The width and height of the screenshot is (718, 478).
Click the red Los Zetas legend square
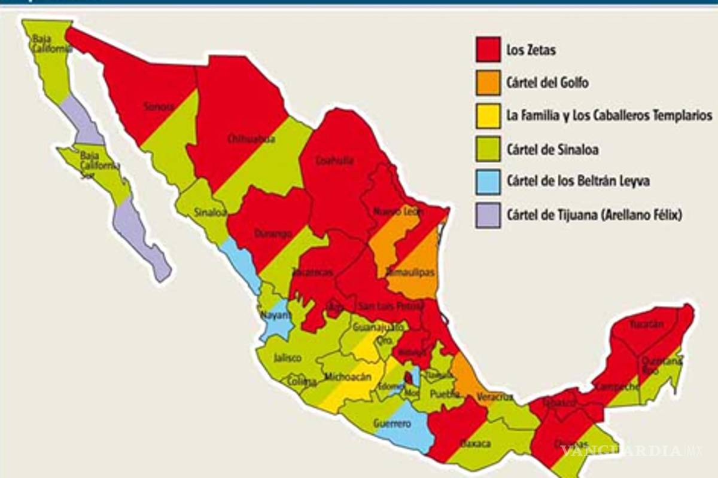point(488,50)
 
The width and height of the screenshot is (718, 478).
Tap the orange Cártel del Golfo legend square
point(488,82)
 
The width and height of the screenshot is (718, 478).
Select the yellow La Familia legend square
point(488,116)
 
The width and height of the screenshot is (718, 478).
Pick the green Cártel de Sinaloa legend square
point(488,149)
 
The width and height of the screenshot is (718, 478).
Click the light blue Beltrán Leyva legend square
point(488,182)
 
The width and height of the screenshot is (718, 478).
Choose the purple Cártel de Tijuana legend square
point(488,215)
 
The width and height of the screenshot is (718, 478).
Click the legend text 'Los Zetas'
point(531,50)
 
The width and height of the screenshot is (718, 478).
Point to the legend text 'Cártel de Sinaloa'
point(552,149)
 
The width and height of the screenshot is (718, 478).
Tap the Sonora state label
point(159,107)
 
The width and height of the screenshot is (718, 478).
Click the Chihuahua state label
point(243,139)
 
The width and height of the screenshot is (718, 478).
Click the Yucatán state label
point(647,324)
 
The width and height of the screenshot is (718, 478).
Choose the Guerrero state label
point(392,424)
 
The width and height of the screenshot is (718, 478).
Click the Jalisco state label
point(287,358)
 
